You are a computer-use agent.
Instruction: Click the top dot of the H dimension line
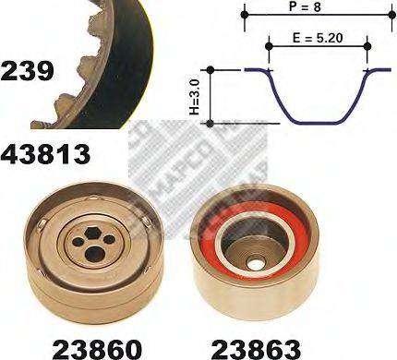(x=212, y=69)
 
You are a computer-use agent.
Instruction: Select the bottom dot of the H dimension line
(x=212, y=123)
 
